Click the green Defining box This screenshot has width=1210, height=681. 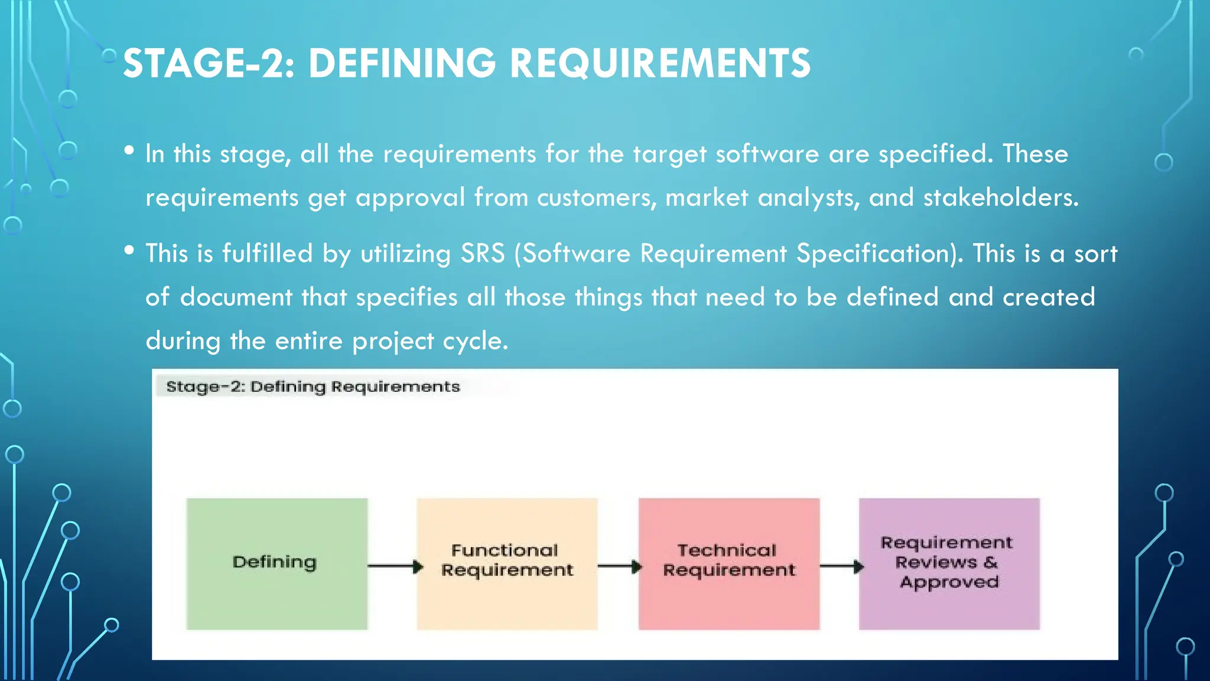(277, 563)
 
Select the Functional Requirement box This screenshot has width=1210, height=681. (507, 563)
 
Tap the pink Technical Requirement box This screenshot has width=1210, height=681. (728, 563)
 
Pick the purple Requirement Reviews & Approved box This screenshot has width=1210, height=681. (949, 563)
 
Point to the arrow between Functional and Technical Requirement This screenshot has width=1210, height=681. (619, 566)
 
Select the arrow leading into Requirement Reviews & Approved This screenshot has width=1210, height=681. (841, 566)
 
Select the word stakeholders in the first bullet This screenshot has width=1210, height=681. (1000, 197)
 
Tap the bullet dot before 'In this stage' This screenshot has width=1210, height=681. (129, 151)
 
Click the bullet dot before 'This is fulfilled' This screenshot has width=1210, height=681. (129, 250)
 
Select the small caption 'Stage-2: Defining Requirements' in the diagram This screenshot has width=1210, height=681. (313, 387)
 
